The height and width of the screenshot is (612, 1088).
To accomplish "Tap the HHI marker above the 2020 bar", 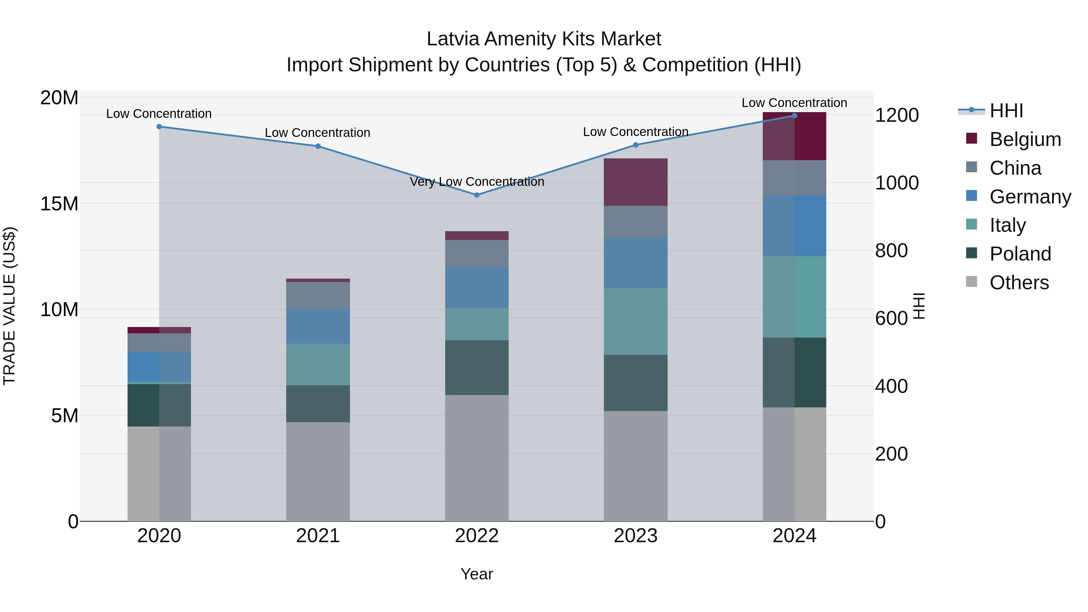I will coord(159,127).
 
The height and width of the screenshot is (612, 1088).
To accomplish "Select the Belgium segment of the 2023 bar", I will coord(636,182).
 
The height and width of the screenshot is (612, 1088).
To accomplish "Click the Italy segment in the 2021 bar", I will coord(318,364).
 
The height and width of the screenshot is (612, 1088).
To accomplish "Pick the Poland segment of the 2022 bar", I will coord(477,368).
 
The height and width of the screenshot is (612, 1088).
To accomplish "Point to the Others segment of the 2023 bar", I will coord(636,466).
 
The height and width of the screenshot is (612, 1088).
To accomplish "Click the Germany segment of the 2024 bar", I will coord(795,225).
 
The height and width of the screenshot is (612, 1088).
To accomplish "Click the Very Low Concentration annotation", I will coord(477,182).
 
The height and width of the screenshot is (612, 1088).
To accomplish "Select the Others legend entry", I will coord(1019,283).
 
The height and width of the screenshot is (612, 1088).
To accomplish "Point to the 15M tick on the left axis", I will coord(59,204).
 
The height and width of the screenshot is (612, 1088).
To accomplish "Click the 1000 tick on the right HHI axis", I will coord(897,183).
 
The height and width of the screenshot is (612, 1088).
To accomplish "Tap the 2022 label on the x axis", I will coord(477,536).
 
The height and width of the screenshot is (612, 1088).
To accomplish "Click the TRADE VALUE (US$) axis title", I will coord(9,306).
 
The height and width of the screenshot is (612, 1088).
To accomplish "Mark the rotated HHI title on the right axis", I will coord(919,306).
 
